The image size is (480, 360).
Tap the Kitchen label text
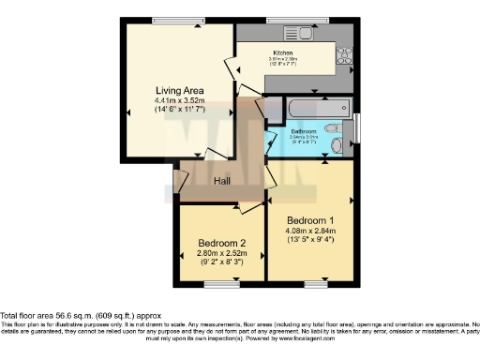[x=283, y=52]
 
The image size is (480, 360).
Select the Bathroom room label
[x=303, y=131]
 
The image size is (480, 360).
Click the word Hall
[x=223, y=181]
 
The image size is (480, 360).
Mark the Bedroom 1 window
[x=316, y=282]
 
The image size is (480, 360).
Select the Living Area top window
[x=180, y=20]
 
